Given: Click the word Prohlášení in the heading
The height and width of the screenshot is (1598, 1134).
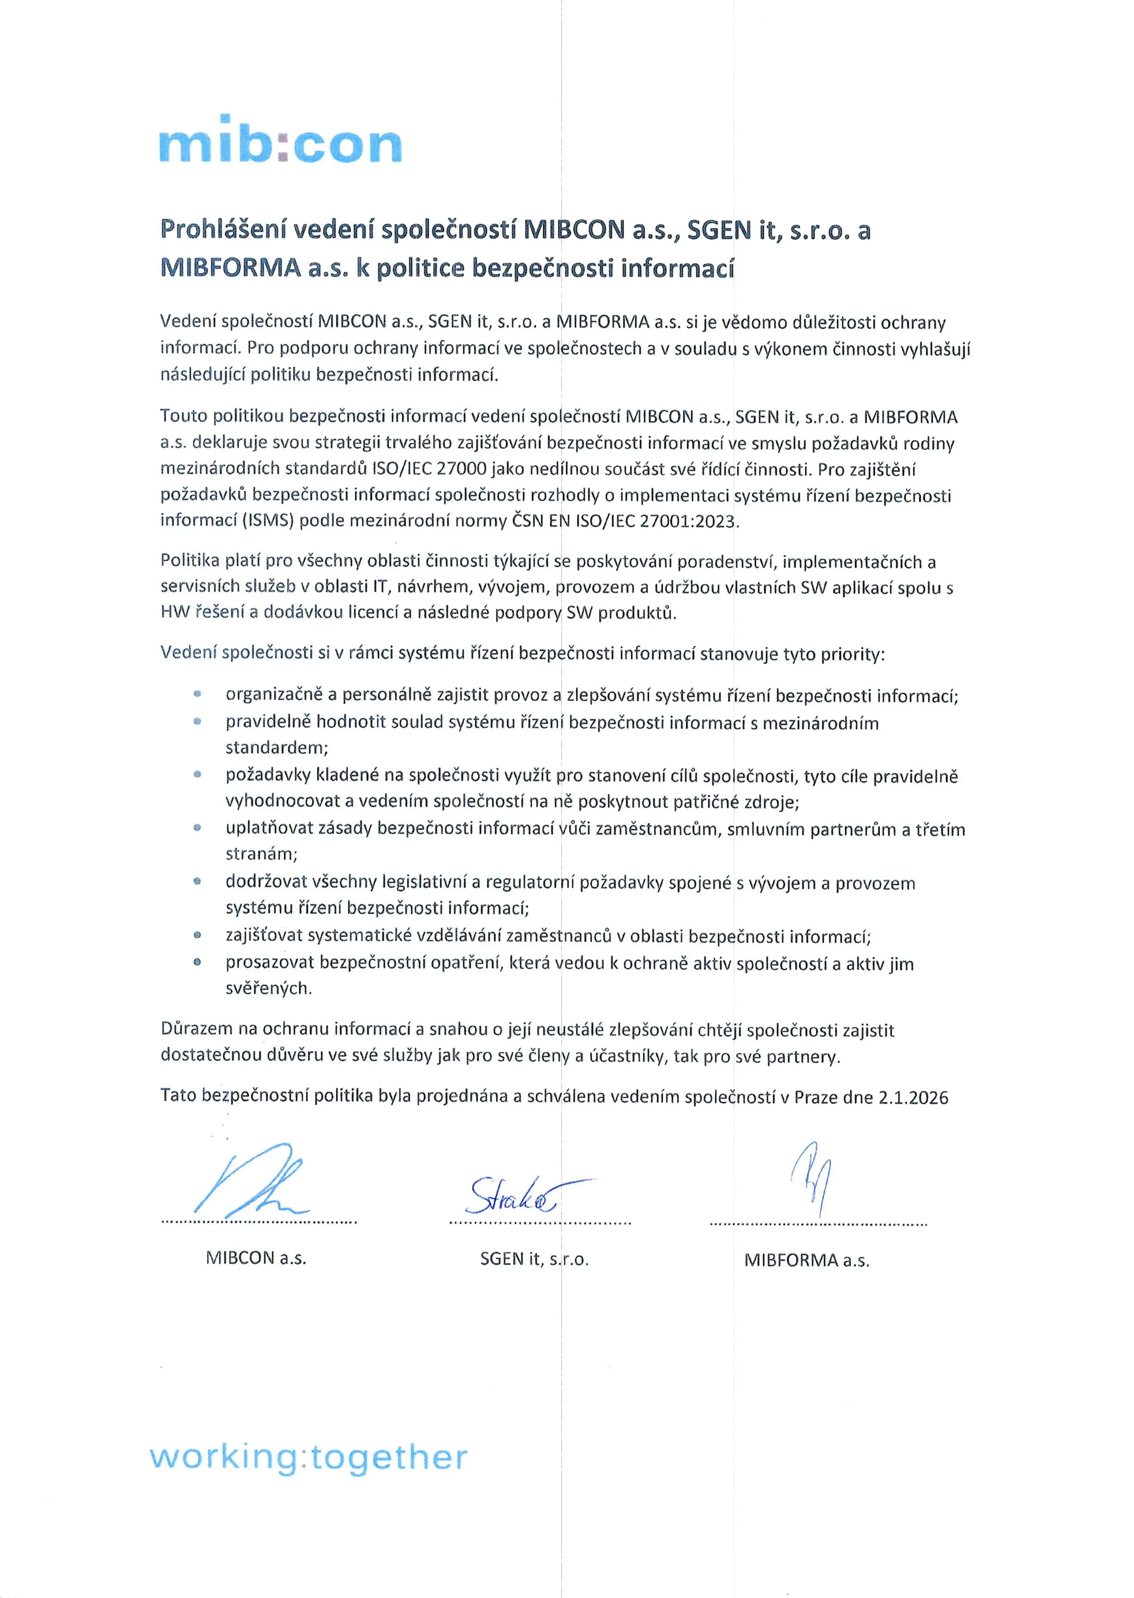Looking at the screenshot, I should pos(218,230).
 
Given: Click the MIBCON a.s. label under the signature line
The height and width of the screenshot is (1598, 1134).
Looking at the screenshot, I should pos(256,1258).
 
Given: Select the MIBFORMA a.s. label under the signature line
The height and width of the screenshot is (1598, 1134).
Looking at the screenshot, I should pos(806,1260).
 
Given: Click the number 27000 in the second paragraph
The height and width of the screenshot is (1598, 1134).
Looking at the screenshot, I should pos(461,469).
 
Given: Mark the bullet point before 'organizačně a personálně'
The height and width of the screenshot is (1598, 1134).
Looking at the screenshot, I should pos(198,694).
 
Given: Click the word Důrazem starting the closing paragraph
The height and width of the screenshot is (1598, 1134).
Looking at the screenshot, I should pos(196,1029).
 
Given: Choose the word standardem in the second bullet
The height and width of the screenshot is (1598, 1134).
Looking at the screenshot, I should pos(276,747).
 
